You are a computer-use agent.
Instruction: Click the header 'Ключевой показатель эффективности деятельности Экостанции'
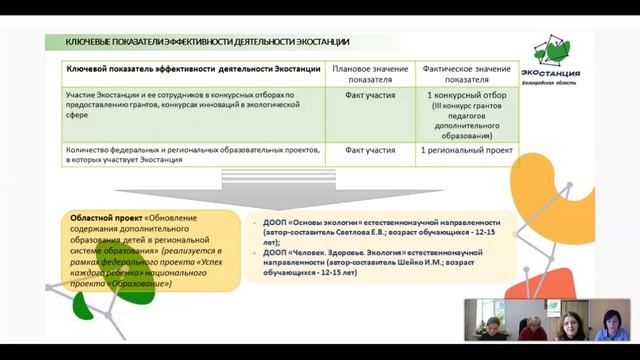(193, 68)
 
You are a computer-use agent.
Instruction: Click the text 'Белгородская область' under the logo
(574, 85)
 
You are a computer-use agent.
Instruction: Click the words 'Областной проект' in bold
(104, 217)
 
